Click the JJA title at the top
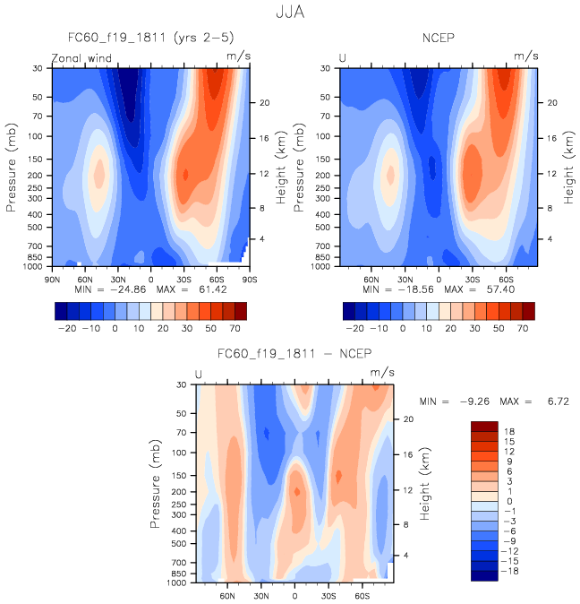click(290, 14)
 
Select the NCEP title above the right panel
click(439, 38)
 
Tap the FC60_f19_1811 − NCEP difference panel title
click(294, 354)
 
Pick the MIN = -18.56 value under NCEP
click(391, 290)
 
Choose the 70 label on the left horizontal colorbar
click(234, 330)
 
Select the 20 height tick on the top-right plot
click(553, 103)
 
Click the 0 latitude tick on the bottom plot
click(294, 594)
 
